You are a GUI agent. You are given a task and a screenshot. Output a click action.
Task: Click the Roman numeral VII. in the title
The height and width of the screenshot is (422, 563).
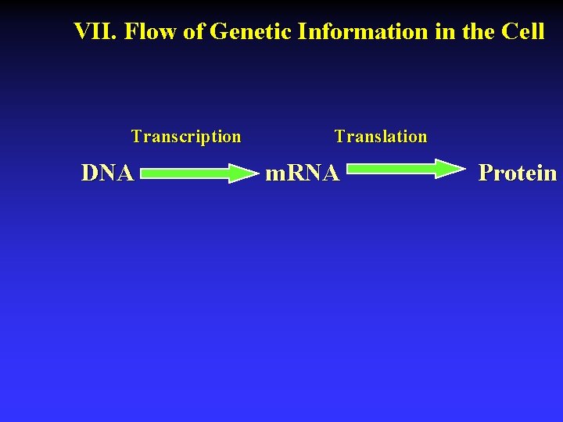(95, 31)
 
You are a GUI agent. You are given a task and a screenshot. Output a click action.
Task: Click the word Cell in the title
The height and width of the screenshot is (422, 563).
(523, 31)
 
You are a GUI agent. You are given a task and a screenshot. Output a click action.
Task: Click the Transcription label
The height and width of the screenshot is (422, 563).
(186, 137)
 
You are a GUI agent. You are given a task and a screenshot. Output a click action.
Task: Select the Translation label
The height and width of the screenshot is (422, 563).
(381, 137)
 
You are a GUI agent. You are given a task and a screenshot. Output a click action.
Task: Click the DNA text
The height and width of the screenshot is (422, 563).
(107, 173)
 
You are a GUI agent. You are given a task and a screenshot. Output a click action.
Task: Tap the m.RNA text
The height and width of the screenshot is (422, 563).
(303, 173)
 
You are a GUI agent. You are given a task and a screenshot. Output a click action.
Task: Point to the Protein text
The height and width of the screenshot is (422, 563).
(518, 173)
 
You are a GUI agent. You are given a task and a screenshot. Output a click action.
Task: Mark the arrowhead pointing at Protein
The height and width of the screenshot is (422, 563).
(450, 168)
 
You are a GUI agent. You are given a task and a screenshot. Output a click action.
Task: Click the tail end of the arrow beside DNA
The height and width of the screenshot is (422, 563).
(146, 173)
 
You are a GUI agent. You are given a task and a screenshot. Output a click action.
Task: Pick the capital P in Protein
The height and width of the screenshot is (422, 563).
(486, 173)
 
